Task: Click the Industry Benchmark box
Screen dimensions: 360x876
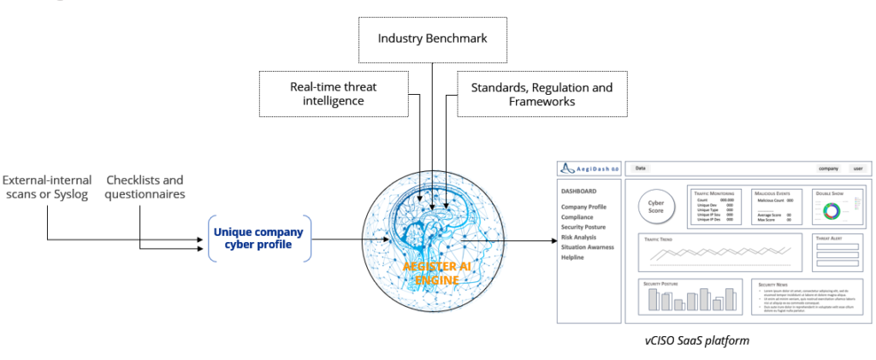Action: tap(433, 39)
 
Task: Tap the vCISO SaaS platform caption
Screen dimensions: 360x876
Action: tap(697, 340)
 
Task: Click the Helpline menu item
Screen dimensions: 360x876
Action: tap(575, 257)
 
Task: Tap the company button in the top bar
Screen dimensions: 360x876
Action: tap(826, 168)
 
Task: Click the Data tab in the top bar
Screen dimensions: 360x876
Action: tap(641, 168)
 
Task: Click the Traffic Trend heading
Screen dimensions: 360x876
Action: tap(660, 239)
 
